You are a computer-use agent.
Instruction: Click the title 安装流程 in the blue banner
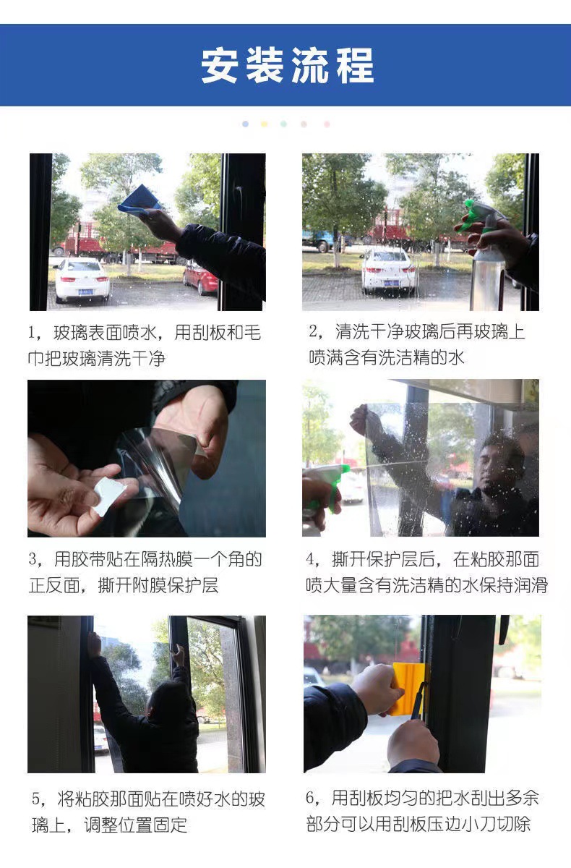coord(287,65)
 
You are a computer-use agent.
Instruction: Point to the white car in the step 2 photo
coord(389,269)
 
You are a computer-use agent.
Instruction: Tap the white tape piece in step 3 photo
coord(109,495)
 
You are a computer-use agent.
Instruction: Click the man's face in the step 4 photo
coord(498,463)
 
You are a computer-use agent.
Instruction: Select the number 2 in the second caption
coord(314,332)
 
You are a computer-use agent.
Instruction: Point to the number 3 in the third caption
coord(33,559)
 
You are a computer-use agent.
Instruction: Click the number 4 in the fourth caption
coord(312,559)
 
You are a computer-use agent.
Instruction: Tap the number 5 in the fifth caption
coord(36,799)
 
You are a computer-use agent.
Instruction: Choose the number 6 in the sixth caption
coord(312,798)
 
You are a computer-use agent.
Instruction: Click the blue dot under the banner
coord(246,124)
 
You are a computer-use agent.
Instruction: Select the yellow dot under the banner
coord(265,124)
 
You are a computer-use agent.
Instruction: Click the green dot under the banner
coord(284,124)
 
